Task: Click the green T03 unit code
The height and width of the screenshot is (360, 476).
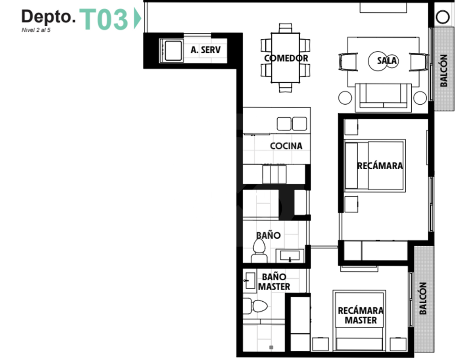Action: click(104, 19)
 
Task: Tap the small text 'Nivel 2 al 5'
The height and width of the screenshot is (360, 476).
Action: click(36, 30)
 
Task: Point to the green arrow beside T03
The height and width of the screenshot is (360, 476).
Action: click(138, 18)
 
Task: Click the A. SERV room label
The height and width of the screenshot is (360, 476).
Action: click(205, 50)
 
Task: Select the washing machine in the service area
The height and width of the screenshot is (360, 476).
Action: click(171, 51)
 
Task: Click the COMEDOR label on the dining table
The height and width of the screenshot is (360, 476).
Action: click(286, 58)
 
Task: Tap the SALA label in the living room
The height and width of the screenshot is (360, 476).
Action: click(387, 61)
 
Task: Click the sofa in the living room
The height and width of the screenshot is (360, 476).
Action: click(383, 98)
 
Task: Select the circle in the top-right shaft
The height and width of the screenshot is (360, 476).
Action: click(442, 17)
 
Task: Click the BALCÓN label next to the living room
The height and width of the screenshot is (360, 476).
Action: click(444, 71)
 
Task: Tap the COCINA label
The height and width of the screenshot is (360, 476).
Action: click(286, 146)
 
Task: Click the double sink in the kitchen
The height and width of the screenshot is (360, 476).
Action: click(292, 124)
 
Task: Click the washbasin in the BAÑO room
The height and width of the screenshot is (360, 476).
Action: click(290, 256)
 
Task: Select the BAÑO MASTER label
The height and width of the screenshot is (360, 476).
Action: click(274, 281)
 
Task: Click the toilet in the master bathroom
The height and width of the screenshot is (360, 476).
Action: click(255, 306)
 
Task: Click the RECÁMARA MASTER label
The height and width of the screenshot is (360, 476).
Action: click(361, 315)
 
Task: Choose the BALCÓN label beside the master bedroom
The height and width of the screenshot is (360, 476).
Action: click(423, 299)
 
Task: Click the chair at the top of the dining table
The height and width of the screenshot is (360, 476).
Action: click(285, 28)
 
